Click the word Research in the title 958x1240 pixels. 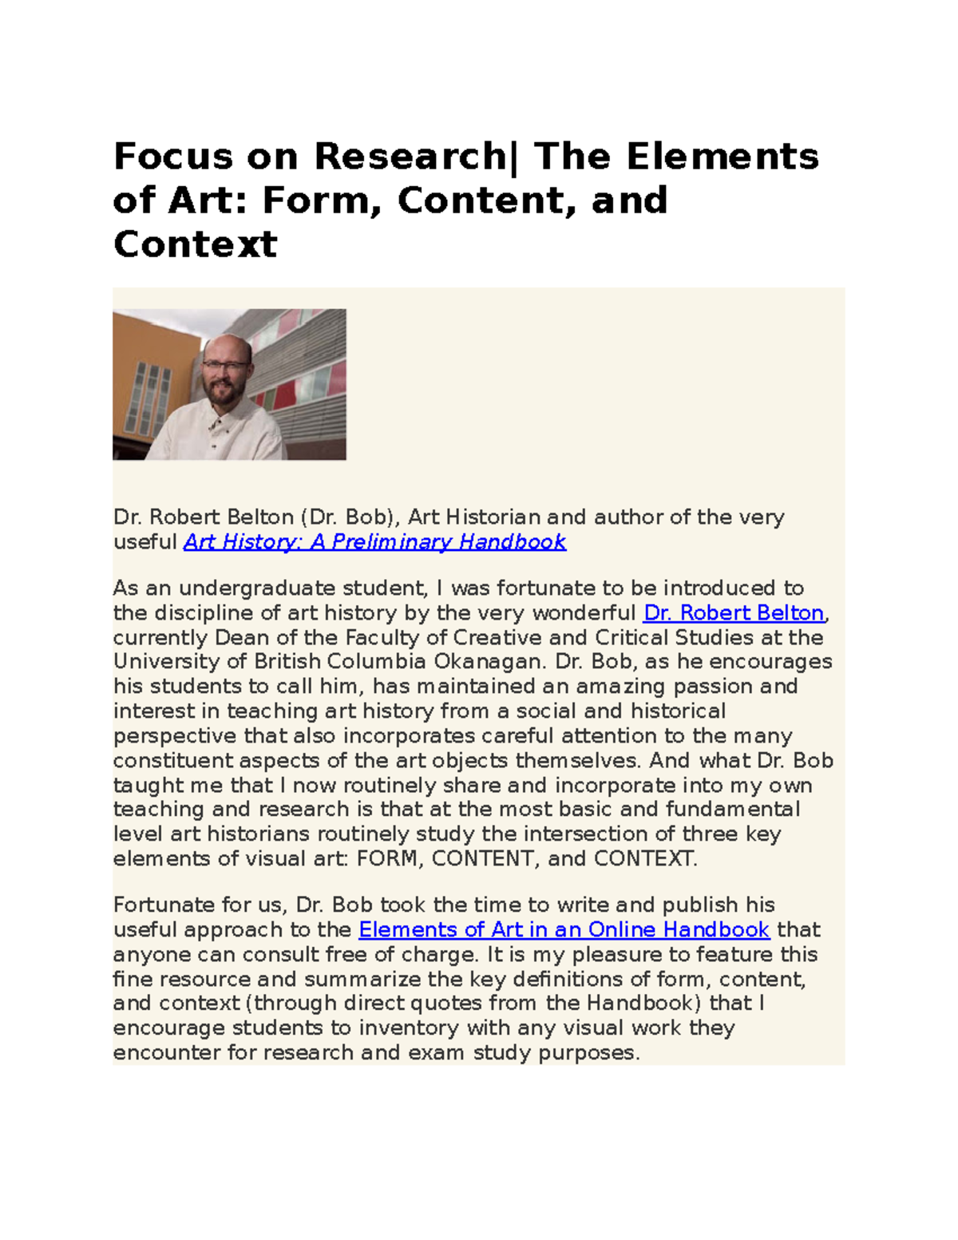pyautogui.click(x=409, y=156)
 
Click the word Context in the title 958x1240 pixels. pyautogui.click(x=196, y=244)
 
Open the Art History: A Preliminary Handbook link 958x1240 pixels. pyautogui.click(x=374, y=542)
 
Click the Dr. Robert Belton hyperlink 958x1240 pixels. pyautogui.click(x=734, y=613)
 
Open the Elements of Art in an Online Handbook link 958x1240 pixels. pyautogui.click(x=564, y=930)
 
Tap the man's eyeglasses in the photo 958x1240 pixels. pyautogui.click(x=225, y=366)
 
